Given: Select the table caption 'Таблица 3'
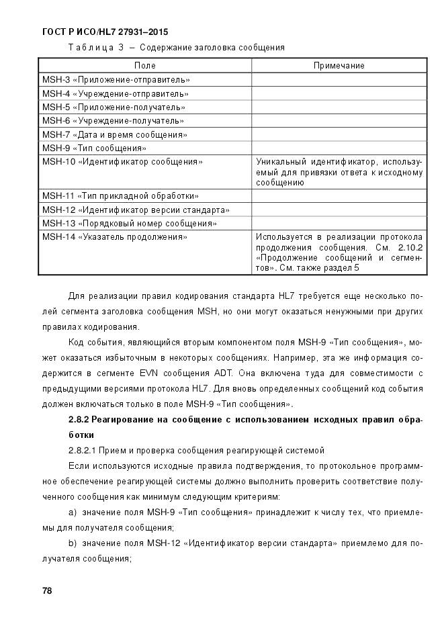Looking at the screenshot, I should (92, 48).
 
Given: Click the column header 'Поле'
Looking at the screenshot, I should (144, 66).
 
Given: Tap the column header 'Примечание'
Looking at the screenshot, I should (339, 66).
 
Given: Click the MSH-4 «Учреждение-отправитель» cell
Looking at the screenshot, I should (115, 94).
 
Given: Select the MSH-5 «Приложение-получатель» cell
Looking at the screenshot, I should (114, 107).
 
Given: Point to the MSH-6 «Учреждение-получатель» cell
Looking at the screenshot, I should (113, 121).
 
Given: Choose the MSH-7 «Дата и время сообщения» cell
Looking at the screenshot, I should (114, 134).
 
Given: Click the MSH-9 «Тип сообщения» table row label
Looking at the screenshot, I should (94, 148).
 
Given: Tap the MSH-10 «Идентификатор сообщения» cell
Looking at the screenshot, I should (122, 162).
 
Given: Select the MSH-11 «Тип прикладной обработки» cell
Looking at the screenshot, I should (120, 196).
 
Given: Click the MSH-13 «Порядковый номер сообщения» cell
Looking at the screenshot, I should (130, 223).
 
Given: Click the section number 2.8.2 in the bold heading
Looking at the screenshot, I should (79, 420).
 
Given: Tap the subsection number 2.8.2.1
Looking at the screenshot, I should (83, 449).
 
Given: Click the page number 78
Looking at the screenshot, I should (47, 591).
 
